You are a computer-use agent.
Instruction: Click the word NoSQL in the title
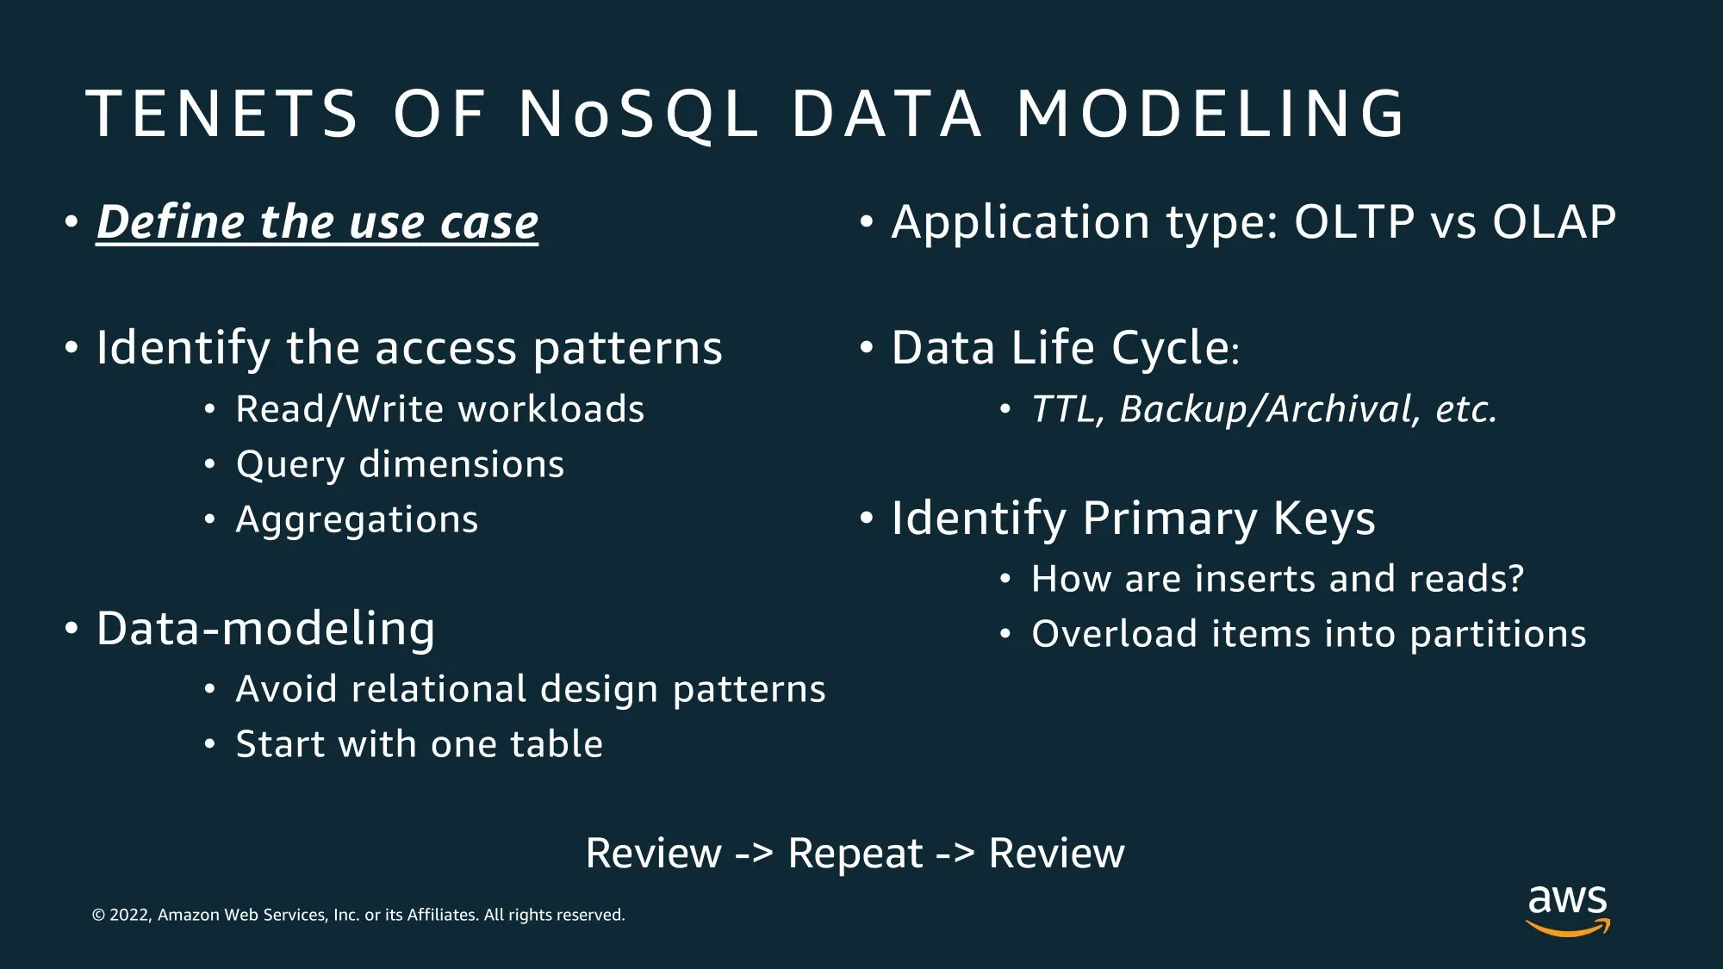638,114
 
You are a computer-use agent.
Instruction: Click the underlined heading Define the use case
317,222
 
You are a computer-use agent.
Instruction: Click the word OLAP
1554,222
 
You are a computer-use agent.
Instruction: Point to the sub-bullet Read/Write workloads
440,409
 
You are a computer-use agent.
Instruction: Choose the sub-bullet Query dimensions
401,464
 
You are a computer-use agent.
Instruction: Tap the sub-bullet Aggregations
357,519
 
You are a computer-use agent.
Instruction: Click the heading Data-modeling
266,628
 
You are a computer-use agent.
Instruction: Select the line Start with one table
420,744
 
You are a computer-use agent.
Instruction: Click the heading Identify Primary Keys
1134,519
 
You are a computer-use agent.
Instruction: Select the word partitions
1498,635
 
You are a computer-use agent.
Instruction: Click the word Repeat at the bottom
855,854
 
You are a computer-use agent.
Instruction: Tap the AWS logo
1568,910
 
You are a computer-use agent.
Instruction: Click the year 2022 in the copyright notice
129,915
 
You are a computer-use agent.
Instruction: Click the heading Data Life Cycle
1066,348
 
